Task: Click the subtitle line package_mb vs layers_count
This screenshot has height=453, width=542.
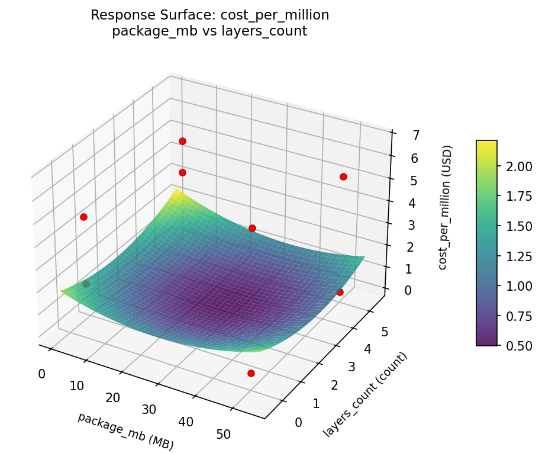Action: coord(209,31)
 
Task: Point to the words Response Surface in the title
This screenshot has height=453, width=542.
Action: coord(141,15)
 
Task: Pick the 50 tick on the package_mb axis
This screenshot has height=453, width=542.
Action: coord(224,434)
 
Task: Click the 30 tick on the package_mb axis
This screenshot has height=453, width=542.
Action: coord(149,409)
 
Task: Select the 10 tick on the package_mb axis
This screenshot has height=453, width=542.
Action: coord(77,386)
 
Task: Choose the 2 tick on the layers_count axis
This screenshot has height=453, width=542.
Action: coord(334,385)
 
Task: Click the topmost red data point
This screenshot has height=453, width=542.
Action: coord(182,141)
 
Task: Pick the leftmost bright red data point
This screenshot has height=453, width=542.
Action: coord(83,217)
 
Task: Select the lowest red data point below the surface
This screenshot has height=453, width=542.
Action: coord(251,373)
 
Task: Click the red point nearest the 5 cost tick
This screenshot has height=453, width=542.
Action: coord(343,176)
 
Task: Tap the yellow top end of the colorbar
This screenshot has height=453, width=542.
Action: coord(486,143)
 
